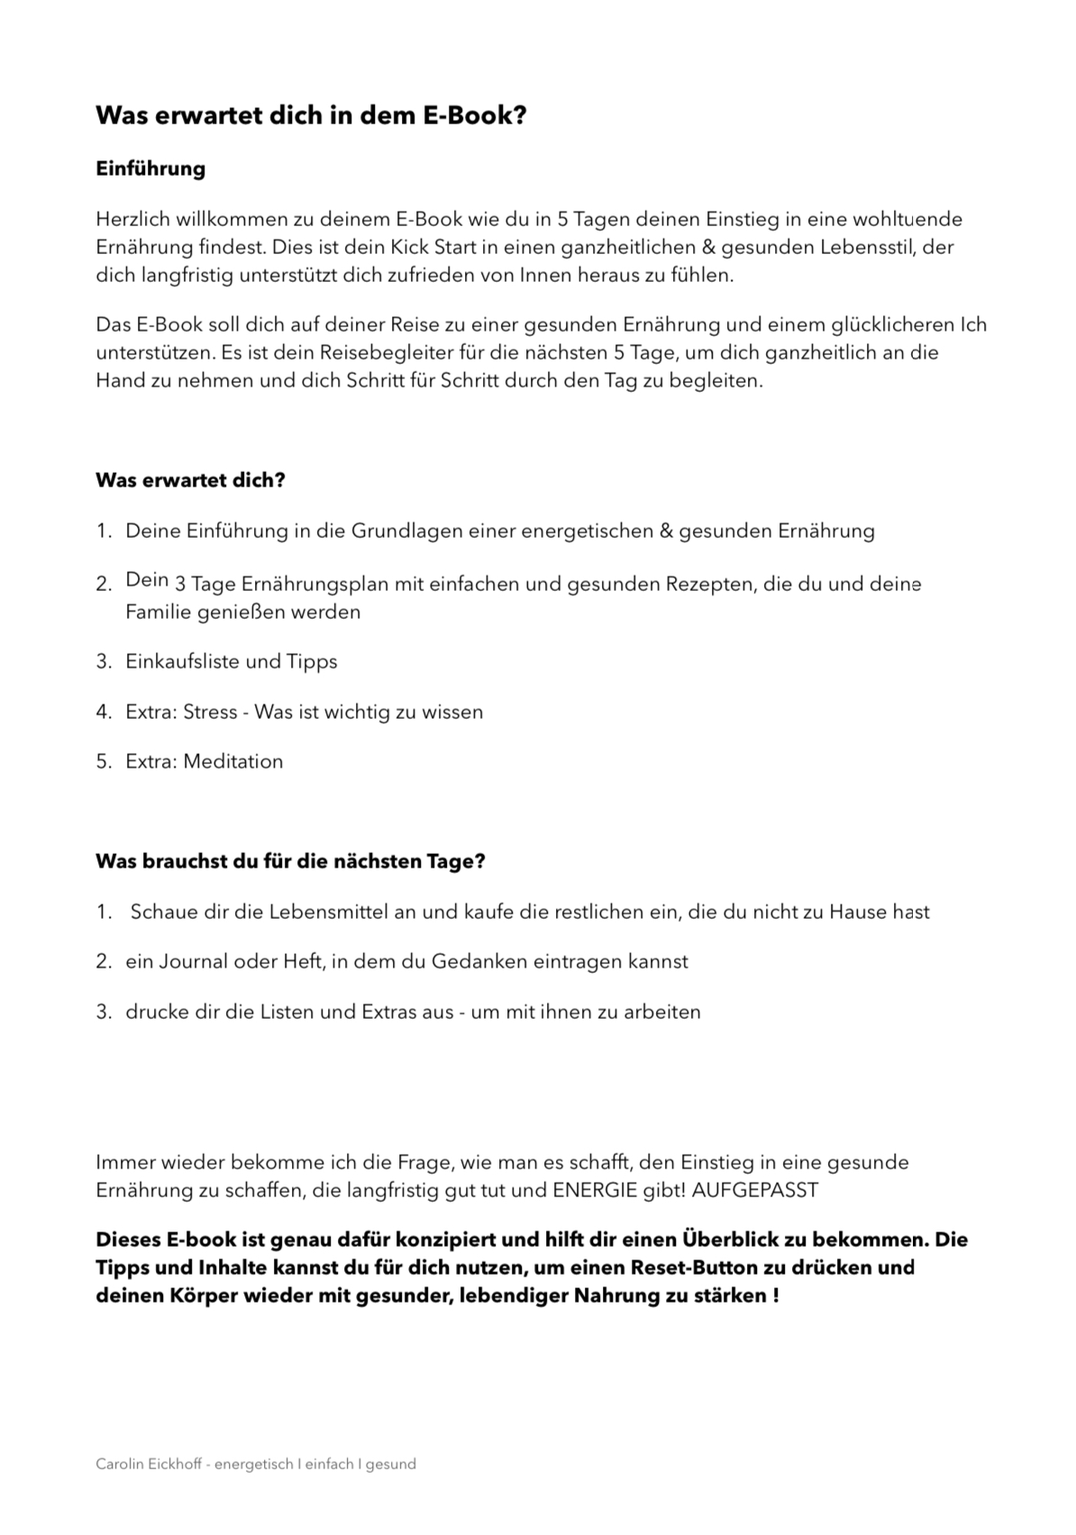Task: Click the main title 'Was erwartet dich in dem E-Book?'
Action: [x=311, y=116]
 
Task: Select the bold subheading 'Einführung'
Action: [x=150, y=168]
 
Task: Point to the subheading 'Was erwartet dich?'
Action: [x=190, y=480]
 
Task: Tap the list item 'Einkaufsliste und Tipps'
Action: [x=231, y=661]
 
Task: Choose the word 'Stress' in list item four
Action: [x=210, y=712]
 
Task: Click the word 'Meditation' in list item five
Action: [x=233, y=761]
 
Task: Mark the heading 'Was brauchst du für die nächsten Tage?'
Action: [x=290, y=861]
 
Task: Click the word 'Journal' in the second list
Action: [x=194, y=961]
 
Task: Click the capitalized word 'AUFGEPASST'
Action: [x=755, y=1190]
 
